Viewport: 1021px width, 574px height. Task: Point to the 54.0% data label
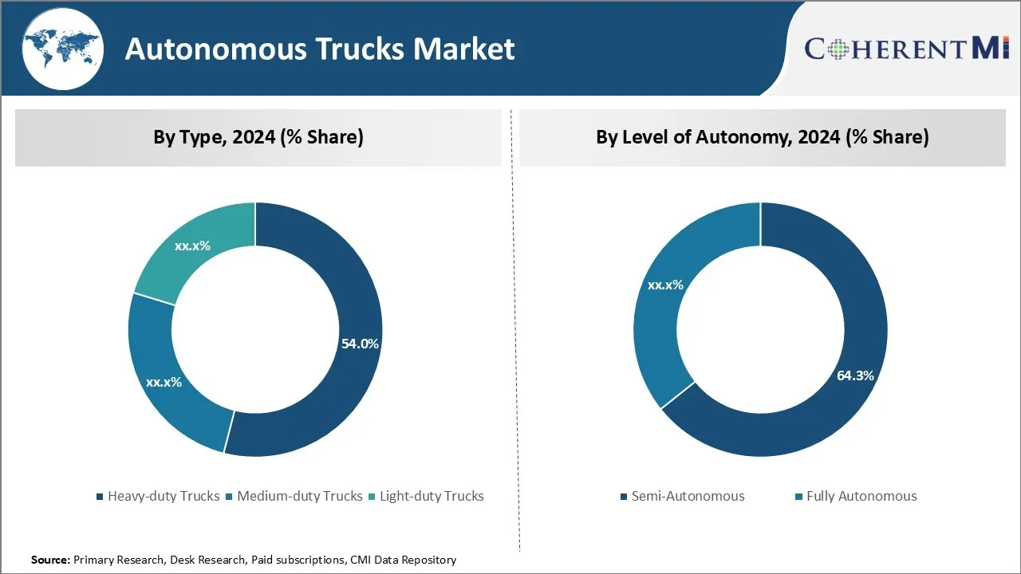tap(360, 344)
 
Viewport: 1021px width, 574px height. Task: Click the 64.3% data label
tap(855, 375)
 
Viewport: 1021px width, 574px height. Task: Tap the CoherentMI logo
tap(907, 49)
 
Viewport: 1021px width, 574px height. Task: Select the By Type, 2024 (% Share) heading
tap(258, 137)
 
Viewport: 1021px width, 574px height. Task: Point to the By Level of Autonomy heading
tap(762, 137)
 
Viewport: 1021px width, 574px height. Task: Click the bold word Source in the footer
tap(50, 560)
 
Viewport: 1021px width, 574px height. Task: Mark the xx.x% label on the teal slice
tap(192, 246)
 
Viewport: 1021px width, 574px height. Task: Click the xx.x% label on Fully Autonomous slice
tap(665, 285)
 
